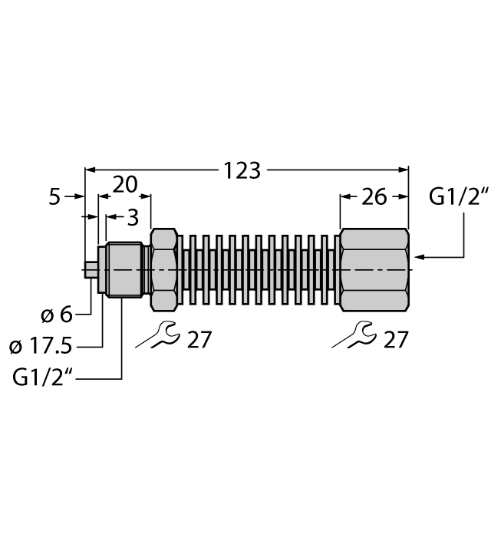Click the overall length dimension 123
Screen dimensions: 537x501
242,170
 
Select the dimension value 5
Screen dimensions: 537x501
54,197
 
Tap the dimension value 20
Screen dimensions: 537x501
125,184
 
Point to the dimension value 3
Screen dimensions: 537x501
132,218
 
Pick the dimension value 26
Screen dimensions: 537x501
374,197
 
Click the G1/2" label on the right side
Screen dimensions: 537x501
459,197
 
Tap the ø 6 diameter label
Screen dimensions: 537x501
54,315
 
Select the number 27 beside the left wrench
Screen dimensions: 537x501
199,338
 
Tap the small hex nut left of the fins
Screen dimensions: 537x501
165,269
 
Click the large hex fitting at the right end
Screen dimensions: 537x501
374,269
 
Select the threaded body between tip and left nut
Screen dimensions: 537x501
124,269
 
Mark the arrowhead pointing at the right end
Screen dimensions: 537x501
417,256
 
